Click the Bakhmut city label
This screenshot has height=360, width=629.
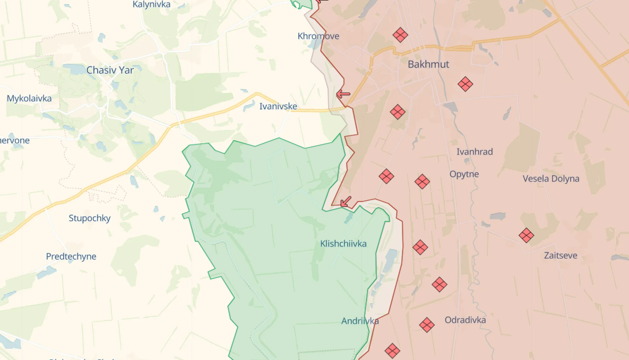tap(428, 64)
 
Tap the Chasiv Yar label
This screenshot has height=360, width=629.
tap(110, 70)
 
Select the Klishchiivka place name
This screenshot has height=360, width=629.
tap(343, 244)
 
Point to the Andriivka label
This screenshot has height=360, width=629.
tap(360, 321)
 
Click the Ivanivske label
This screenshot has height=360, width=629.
tap(278, 106)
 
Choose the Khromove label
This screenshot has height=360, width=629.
tap(318, 36)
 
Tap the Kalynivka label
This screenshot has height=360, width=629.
tap(151, 4)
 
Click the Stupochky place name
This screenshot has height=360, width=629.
tap(90, 218)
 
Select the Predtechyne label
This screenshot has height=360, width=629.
tap(71, 256)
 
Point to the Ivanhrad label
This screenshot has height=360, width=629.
tap(475, 152)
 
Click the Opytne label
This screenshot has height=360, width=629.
tap(464, 174)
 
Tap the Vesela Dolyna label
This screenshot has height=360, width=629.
tap(551, 178)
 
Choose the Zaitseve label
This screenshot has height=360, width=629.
tap(561, 255)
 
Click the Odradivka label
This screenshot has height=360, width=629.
tap(465, 320)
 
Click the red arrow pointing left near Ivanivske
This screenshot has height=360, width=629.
tap(343, 95)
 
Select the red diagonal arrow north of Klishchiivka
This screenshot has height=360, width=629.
tap(346, 201)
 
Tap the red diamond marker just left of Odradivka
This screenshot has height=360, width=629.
tap(427, 324)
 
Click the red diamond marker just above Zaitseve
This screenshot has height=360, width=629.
tap(526, 235)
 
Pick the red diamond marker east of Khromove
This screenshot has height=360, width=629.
tap(400, 35)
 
